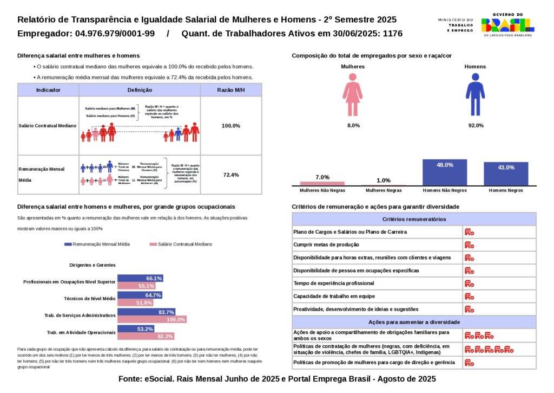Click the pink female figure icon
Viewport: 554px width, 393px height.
[352, 95]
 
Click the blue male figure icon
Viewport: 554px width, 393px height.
[475, 95]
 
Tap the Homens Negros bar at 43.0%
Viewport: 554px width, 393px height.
[506, 173]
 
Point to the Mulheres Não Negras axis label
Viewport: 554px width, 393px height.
[322, 191]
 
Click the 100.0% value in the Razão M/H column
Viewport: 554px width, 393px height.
[231, 126]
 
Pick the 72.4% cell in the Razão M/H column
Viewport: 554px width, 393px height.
[231, 175]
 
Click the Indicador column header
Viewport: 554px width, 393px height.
[48, 90]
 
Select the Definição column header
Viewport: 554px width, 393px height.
[140, 90]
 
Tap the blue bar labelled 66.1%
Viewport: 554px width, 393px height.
[140, 278]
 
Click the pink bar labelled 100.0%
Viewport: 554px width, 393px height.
[152, 320]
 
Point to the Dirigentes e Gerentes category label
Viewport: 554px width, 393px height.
[93, 265]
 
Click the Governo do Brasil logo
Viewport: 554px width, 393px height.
[507, 24]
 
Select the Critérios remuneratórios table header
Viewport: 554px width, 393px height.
[414, 219]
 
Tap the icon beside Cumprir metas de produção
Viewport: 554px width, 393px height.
[469, 244]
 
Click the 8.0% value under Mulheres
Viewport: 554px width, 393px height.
[353, 126]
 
